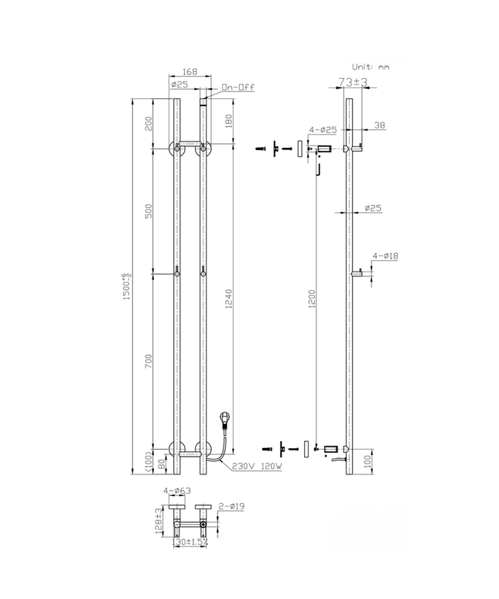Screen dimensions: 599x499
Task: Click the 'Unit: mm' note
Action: coord(371,67)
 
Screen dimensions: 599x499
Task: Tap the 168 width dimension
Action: coord(190,72)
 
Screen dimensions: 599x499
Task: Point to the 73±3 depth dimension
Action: coord(353,81)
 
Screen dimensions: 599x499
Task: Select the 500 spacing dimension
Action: coord(150,211)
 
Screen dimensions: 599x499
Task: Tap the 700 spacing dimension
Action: coord(150,360)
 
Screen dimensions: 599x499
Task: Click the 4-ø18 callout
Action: coord(385,255)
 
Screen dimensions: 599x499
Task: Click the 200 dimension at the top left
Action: coord(150,122)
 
